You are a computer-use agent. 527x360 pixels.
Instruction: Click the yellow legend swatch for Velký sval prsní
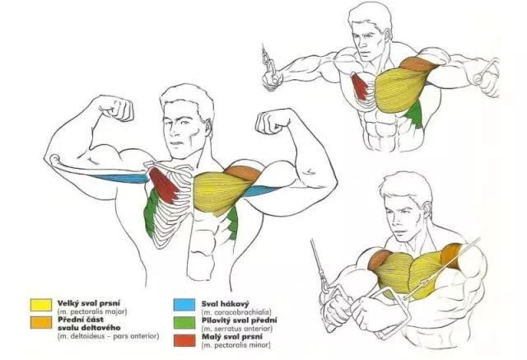coord(41,305)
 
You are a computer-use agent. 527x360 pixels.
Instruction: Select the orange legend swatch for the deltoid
coord(41,323)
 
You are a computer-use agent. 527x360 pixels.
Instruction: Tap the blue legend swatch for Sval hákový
coord(184,305)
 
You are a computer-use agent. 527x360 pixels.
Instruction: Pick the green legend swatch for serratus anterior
coord(184,322)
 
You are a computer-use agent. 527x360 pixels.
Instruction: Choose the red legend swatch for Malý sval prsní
coord(184,340)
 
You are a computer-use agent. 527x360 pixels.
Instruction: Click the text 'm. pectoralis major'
coord(92,311)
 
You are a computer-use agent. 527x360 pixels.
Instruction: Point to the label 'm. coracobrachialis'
coord(236,312)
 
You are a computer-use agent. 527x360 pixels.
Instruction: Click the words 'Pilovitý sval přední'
coord(240,320)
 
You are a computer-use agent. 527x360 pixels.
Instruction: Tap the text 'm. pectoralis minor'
coord(236,344)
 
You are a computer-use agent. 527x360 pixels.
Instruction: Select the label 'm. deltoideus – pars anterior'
coord(108,336)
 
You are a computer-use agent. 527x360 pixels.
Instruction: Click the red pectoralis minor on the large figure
coord(164,185)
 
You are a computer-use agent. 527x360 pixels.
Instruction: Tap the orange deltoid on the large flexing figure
coord(243,173)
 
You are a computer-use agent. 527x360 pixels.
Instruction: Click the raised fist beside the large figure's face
coord(273,122)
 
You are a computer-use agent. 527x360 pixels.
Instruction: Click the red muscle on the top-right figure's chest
coord(359,86)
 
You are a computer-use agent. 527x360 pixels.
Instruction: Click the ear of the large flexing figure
coord(208,127)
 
